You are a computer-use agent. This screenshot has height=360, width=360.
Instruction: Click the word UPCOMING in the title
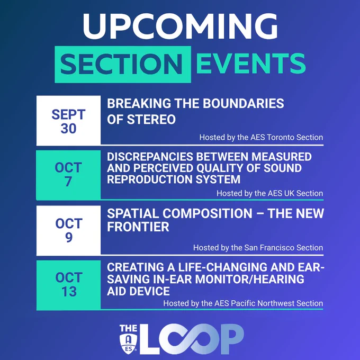click(180, 26)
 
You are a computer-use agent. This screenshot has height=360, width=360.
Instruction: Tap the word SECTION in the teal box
click(121, 64)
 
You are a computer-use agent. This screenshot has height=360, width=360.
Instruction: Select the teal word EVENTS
click(251, 64)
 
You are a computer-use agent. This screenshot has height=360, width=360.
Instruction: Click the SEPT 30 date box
click(68, 121)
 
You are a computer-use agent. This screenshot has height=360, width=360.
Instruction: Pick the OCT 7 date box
click(68, 175)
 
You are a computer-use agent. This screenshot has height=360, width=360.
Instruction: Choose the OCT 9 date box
click(68, 230)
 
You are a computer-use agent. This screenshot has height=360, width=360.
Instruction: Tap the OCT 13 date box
click(68, 285)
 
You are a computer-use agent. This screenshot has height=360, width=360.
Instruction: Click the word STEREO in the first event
click(151, 120)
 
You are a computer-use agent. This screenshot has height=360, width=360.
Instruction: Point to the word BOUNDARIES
click(244, 103)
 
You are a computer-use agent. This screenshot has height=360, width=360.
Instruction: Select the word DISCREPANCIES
click(150, 157)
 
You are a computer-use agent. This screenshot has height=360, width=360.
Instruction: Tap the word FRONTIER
click(138, 227)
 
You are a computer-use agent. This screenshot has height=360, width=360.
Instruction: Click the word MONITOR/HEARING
click(249, 279)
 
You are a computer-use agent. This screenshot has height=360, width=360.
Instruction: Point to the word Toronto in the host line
click(281, 137)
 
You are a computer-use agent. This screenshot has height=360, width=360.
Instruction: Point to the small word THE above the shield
click(128, 329)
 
